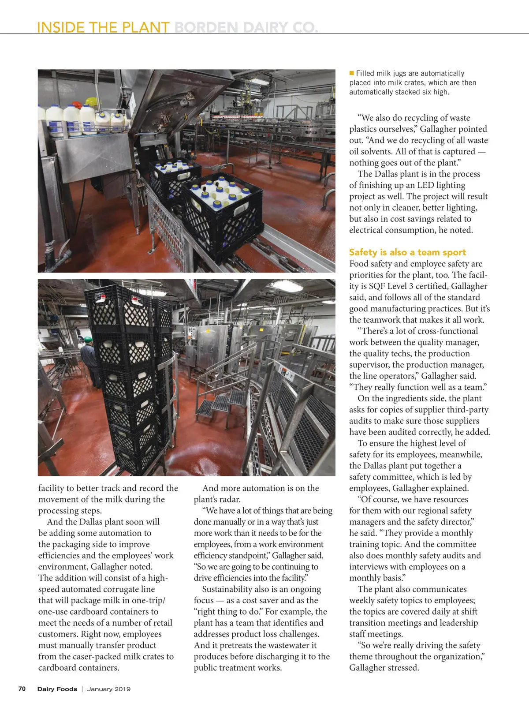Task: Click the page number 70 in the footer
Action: click(22, 689)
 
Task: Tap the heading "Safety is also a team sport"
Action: click(407, 252)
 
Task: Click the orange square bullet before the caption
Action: click(352, 73)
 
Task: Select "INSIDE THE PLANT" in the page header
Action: click(103, 27)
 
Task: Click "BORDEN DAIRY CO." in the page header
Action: click(246, 27)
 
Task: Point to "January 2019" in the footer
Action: click(108, 689)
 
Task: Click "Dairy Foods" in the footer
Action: click(57, 689)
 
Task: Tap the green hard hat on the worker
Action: click(87, 340)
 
